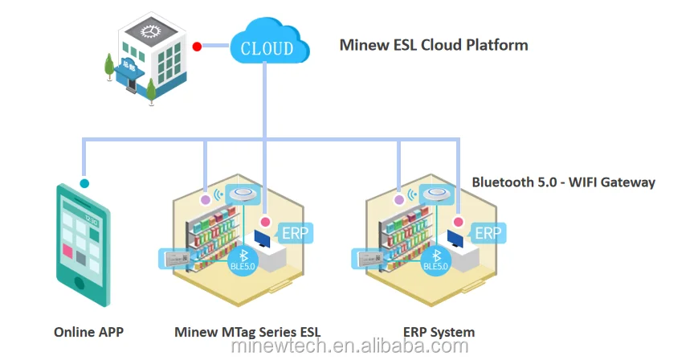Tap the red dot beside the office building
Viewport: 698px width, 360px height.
197,47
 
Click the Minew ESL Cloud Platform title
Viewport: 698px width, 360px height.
434,45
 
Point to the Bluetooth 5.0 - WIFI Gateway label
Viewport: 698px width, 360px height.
563,182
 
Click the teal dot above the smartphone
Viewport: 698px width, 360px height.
84,183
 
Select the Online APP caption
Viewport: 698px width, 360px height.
88,332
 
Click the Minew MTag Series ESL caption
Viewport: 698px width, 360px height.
247,332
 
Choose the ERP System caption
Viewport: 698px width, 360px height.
439,332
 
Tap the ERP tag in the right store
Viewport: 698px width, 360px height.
488,234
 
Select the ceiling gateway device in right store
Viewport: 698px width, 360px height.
435,194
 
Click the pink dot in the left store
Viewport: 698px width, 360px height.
265,221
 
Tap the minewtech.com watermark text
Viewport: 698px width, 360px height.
349,347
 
